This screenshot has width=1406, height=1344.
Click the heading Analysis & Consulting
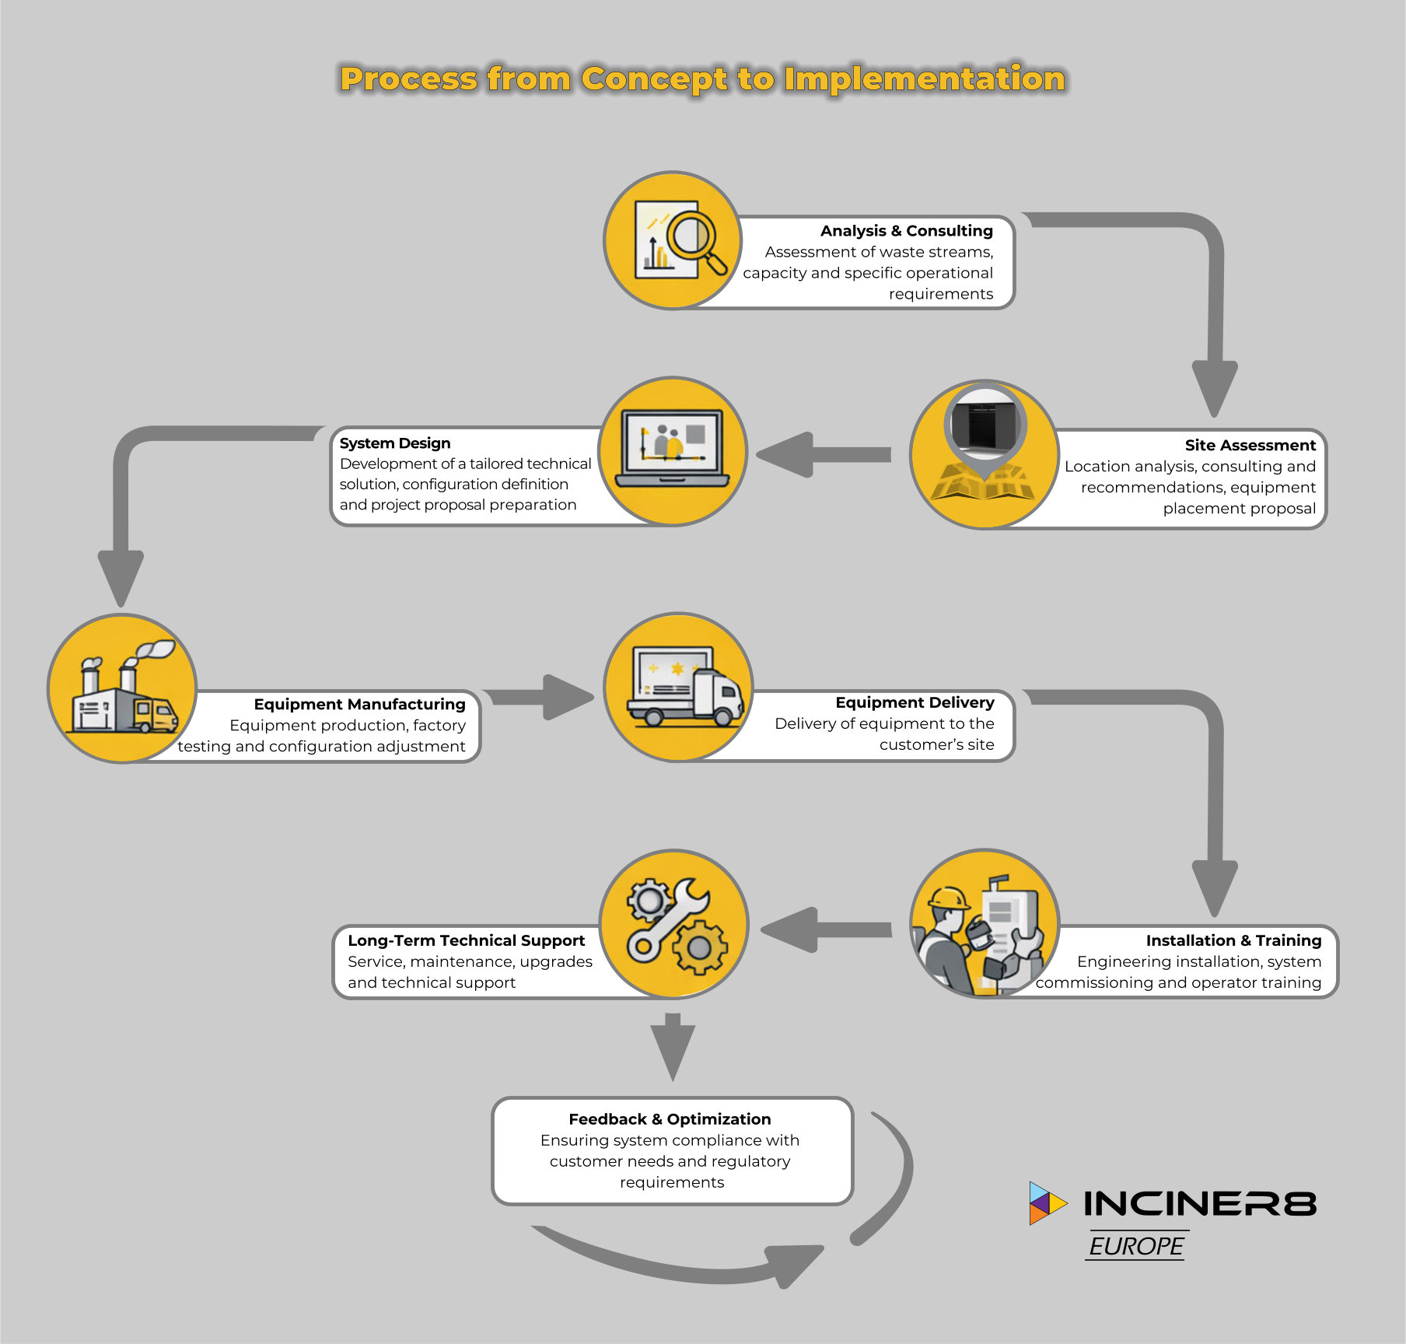(906, 231)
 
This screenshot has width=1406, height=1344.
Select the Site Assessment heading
(1250, 446)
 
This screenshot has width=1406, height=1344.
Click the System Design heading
(395, 443)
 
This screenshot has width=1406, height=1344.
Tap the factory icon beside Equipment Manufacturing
(122, 688)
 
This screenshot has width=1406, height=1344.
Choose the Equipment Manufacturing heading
(359, 705)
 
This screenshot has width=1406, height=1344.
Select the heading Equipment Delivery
(915, 703)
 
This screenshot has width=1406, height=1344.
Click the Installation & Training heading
(1233, 941)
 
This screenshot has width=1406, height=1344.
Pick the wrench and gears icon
(674, 924)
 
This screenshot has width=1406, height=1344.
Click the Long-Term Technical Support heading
(466, 941)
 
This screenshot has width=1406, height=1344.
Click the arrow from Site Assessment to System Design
(824, 455)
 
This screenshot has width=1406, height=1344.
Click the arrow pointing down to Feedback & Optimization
(673, 1046)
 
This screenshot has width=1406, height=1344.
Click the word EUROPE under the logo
(1136, 1247)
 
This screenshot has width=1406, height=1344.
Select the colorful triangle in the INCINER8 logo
(1046, 1203)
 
